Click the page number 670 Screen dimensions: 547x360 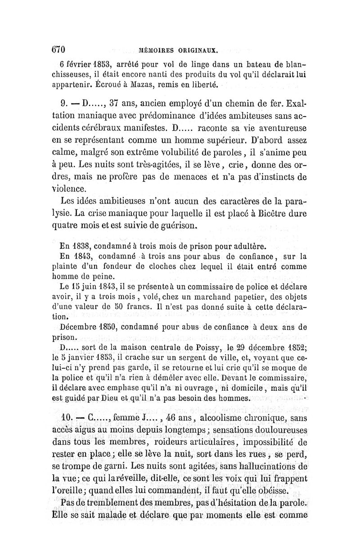[58, 49]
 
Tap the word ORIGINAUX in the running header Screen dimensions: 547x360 [197, 50]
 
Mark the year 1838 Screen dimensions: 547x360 [81, 246]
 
